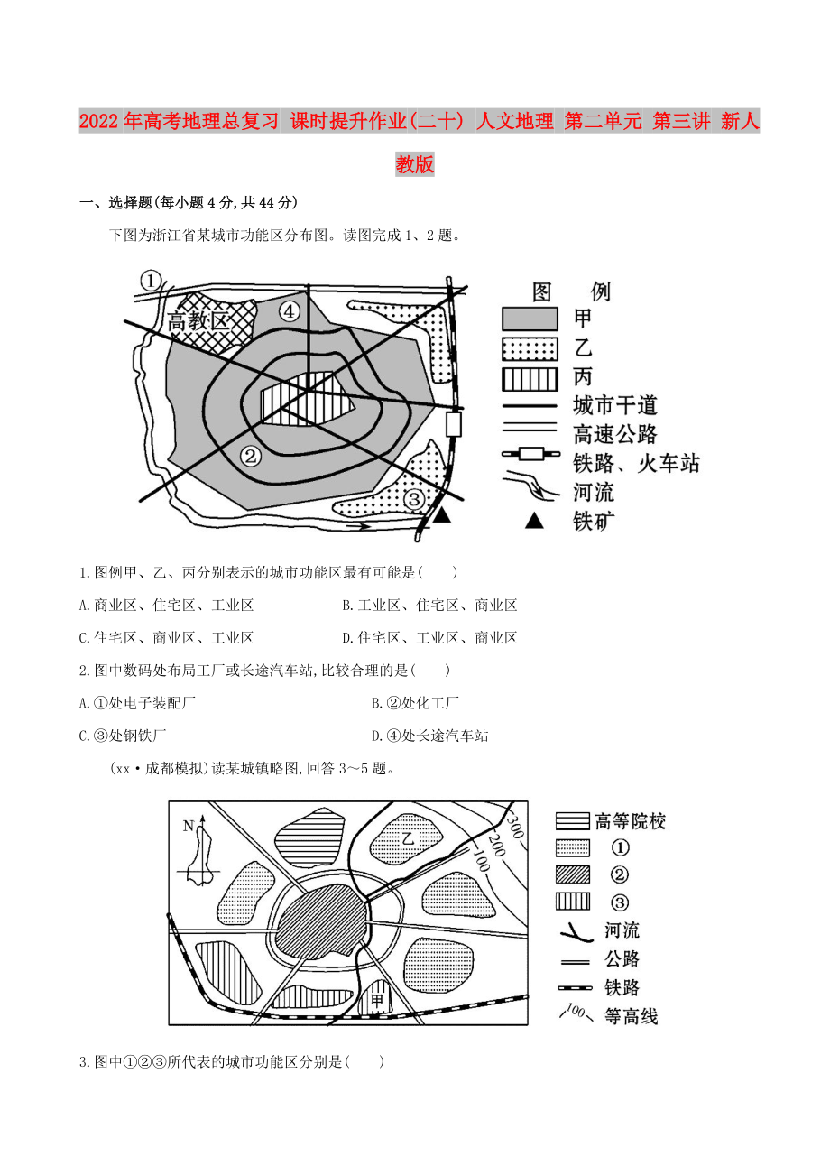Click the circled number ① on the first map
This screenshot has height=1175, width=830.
coord(151,282)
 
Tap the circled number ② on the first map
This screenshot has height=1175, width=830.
coord(251,456)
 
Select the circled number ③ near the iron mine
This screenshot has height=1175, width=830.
coord(413,499)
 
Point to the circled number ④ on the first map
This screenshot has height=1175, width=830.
coord(289,311)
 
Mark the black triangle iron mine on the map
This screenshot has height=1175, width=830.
coord(442,515)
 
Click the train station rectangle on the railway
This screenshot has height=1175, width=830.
coord(454,423)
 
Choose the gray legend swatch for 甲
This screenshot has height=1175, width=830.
coord(530,318)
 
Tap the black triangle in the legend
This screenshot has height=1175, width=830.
coord(535,520)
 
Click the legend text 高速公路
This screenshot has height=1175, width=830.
coord(615,434)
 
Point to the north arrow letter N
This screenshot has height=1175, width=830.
coord(188,826)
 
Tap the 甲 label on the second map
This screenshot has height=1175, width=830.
coord(375,1002)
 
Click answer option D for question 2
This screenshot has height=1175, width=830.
coord(430,736)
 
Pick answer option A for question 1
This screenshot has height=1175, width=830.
coord(167,606)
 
